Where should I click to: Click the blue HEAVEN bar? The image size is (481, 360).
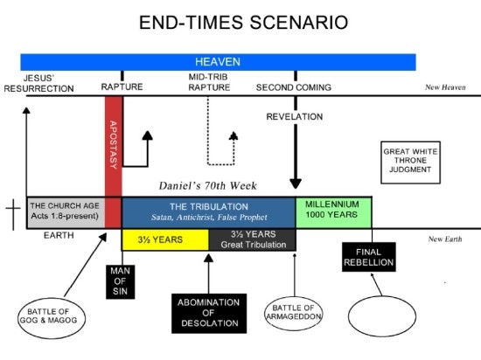(218, 62)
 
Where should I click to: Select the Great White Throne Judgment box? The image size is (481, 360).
(410, 163)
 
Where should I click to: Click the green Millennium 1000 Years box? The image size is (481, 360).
(333, 212)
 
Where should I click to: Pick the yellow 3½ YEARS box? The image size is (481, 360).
(165, 239)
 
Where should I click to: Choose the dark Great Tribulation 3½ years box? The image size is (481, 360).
(253, 239)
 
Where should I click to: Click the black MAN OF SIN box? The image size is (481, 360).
(121, 281)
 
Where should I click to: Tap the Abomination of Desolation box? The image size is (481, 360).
(209, 313)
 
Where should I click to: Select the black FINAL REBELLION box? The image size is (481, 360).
(369, 257)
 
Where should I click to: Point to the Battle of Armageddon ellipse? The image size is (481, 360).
(294, 314)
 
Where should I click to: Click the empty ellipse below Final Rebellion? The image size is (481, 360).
(382, 316)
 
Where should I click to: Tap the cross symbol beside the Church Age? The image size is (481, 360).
(13, 211)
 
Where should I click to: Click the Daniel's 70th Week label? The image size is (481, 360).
(207, 185)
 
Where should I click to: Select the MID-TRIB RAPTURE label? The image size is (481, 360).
(209, 82)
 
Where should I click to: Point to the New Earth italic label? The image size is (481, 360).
(445, 239)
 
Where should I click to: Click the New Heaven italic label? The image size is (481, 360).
(445, 87)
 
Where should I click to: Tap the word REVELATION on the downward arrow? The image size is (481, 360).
(295, 117)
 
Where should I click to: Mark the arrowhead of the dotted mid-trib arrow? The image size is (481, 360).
(234, 135)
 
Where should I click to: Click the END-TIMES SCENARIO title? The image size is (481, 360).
(244, 23)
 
